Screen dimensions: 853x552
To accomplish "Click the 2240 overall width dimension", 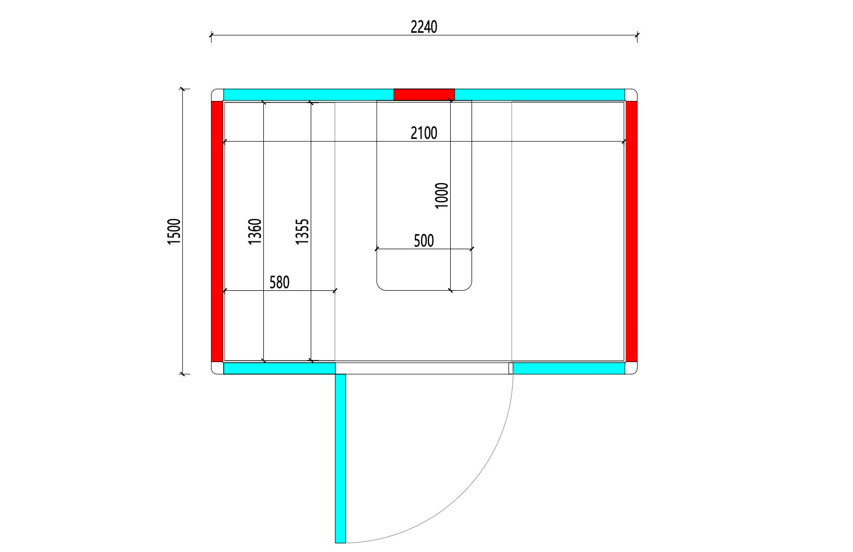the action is pos(424,27).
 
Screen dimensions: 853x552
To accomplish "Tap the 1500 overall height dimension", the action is pos(174,232).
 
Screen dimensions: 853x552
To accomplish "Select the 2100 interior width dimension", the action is pos(424,133).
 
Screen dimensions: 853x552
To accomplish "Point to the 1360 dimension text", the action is pos(255,232).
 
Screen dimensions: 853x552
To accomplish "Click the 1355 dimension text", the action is pos(302,232).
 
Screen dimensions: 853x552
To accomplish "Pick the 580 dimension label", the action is pos(279,283).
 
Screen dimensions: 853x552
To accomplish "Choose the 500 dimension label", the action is pos(424,240).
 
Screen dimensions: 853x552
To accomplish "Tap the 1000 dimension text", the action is pos(442,196).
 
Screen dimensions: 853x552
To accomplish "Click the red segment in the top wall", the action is pos(424,94).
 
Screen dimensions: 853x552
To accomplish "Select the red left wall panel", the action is pos(217,232).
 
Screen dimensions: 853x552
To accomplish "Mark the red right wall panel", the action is pos(631,232).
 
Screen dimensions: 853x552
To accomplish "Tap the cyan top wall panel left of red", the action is pos(309,94).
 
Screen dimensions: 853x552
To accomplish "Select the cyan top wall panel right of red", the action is pos(540,94).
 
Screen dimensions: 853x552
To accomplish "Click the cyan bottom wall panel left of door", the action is pos(279,368).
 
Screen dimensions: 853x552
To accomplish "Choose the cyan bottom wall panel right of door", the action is pos(569,368).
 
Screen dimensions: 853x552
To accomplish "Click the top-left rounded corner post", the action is pos(218,95).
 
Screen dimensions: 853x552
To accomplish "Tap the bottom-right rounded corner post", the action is pos(631,368).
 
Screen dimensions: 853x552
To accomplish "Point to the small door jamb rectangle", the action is pos(511,368).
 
